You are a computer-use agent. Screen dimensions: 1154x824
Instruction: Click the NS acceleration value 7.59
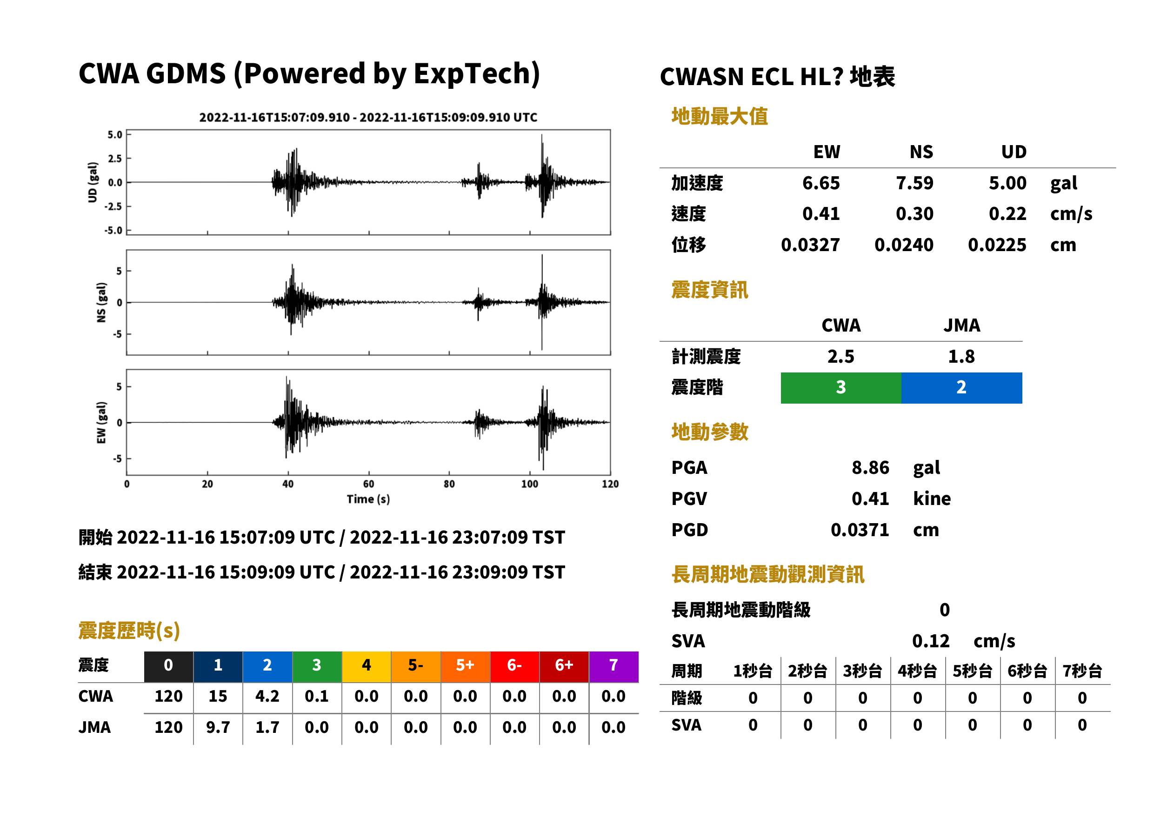[914, 183]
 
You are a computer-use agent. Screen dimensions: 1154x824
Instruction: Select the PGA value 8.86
[870, 467]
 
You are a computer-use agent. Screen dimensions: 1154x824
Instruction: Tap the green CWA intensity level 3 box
[841, 388]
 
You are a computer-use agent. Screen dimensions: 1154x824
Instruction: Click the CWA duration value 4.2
[267, 696]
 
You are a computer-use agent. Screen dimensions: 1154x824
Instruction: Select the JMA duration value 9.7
[218, 728]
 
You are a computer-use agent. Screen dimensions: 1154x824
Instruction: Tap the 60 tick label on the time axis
[368, 484]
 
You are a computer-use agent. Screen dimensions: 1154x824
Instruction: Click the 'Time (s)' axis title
[368, 499]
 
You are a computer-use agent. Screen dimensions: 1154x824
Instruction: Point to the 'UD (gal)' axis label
[93, 182]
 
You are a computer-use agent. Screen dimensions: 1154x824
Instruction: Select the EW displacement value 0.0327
[810, 245]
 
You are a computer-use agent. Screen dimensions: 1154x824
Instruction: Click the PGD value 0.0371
[860, 530]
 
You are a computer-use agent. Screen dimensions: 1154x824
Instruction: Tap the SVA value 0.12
[931, 641]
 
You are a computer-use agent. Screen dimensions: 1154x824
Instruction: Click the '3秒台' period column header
[862, 671]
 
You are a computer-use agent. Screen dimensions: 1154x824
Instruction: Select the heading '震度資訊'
[709, 290]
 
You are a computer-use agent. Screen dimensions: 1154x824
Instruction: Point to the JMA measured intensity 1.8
[961, 357]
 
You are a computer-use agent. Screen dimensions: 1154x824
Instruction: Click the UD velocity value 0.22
[1007, 214]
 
